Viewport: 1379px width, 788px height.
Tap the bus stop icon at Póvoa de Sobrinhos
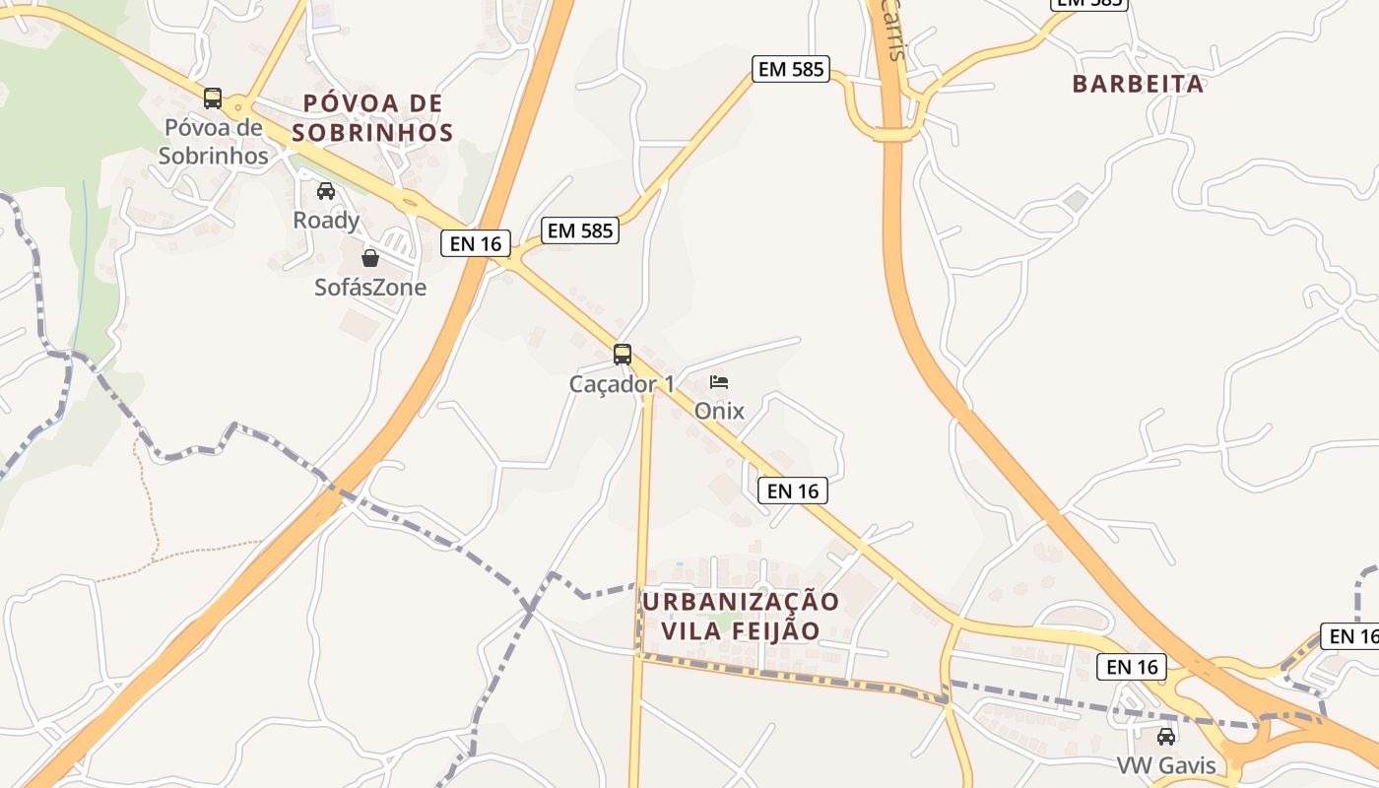point(213,98)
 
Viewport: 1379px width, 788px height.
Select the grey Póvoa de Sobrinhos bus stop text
point(214,142)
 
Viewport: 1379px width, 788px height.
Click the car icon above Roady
point(326,191)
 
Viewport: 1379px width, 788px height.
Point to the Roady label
point(326,220)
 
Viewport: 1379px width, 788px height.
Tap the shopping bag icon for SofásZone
point(370,258)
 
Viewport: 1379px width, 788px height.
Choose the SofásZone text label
point(370,288)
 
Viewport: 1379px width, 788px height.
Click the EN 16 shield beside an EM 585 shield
point(476,243)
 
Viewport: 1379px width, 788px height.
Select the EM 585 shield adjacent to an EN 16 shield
point(580,230)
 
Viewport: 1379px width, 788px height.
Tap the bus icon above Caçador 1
point(623,355)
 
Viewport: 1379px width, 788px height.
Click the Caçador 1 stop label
point(623,384)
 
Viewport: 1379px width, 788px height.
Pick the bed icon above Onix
point(719,382)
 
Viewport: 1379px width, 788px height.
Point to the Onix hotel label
point(719,411)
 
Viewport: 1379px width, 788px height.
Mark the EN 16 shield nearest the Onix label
point(793,491)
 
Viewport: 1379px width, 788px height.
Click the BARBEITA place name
point(1138,84)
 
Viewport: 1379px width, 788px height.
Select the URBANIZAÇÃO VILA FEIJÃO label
point(741,616)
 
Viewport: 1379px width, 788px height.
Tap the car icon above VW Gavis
point(1166,736)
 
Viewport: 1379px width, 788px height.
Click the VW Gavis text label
point(1166,765)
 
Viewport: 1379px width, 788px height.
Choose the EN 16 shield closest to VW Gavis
point(1132,667)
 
